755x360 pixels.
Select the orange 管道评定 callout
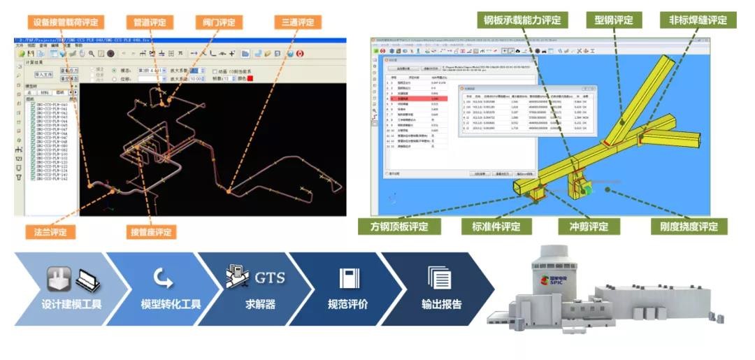[150, 22]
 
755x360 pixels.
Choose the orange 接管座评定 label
[150, 231]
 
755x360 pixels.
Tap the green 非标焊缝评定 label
[698, 20]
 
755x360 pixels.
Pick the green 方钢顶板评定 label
[400, 226]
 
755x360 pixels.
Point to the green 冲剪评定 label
[584, 226]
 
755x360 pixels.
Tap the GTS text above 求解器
[270, 277]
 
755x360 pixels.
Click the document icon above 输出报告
[439, 278]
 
